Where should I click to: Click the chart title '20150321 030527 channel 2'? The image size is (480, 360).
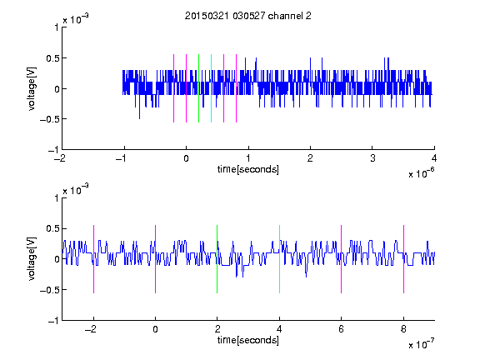(x=248, y=16)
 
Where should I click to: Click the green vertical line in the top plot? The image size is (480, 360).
(x=198, y=88)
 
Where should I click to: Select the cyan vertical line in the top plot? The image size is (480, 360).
(x=211, y=88)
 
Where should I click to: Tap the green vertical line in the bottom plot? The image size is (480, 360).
(x=217, y=259)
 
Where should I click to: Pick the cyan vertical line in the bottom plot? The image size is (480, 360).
(x=279, y=259)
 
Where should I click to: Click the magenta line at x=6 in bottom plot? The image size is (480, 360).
(x=342, y=259)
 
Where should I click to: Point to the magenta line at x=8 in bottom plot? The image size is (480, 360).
(x=404, y=259)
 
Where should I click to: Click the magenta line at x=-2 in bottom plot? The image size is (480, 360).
(x=93, y=259)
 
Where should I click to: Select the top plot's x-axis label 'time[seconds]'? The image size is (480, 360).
(x=248, y=169)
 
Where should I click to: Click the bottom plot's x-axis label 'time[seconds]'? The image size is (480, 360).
(x=248, y=340)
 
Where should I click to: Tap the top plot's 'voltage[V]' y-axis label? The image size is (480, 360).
(x=32, y=88)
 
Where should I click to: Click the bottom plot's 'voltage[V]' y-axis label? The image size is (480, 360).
(x=32, y=258)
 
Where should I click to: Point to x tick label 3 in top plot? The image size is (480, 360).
(x=372, y=158)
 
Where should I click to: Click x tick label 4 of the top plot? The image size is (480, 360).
(x=434, y=158)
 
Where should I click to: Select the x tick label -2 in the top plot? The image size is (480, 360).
(x=59, y=158)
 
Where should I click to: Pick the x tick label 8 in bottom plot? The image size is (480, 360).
(x=404, y=329)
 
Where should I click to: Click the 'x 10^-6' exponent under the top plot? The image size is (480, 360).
(x=421, y=173)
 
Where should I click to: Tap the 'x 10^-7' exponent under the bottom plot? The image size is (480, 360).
(x=421, y=344)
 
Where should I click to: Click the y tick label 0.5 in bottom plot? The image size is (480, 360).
(x=52, y=228)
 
